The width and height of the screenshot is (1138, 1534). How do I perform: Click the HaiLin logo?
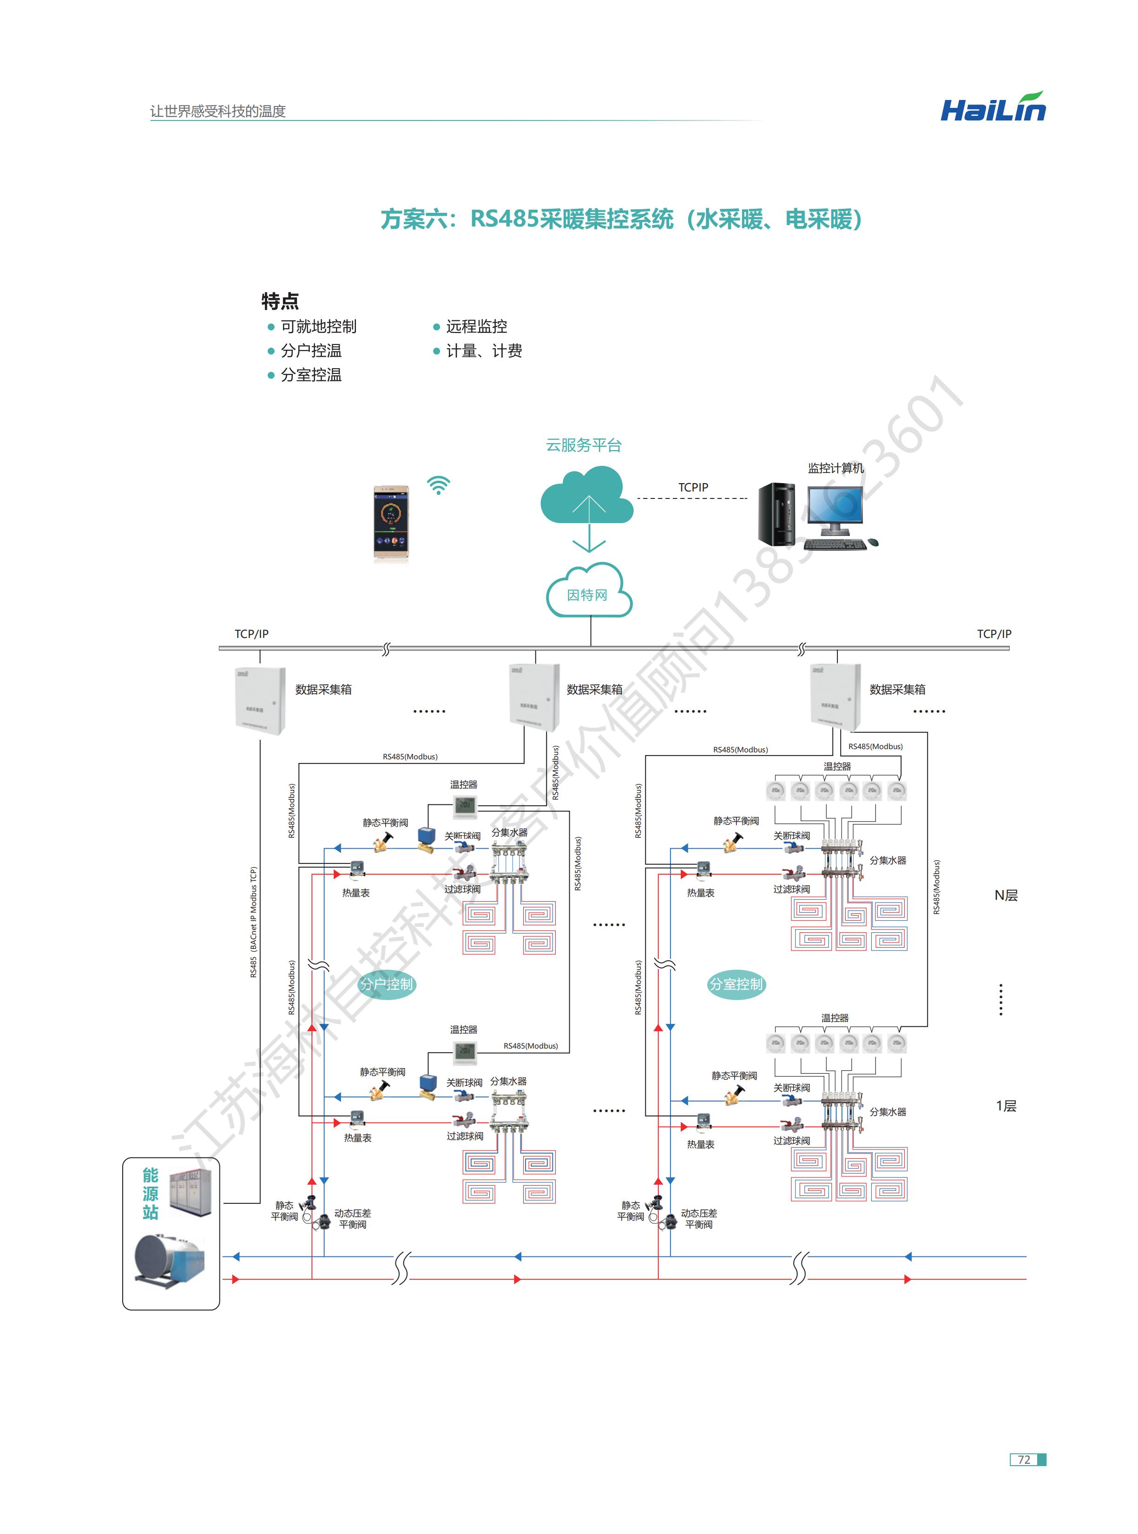click(993, 108)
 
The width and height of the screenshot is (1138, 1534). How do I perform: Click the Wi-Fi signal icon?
click(438, 485)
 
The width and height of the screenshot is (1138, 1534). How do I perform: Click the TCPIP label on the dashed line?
click(692, 487)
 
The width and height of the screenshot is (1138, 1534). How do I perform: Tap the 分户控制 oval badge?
click(387, 984)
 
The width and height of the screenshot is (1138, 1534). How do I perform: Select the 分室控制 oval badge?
click(737, 984)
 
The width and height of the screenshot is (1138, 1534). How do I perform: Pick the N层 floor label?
click(1006, 895)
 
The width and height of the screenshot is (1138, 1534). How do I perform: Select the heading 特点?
click(280, 301)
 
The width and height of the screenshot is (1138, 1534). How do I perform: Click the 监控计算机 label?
click(835, 468)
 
